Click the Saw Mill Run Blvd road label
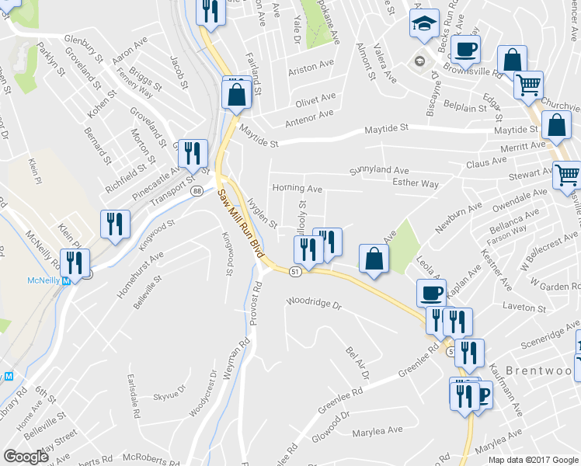(x=241, y=224)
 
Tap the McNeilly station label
(x=43, y=280)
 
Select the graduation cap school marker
(x=424, y=23)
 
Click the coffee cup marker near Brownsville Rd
(x=465, y=50)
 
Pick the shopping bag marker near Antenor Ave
(x=235, y=96)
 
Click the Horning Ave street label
(x=297, y=189)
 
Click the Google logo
(x=26, y=457)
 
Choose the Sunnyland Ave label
(x=378, y=170)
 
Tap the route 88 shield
(x=198, y=191)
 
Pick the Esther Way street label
(x=416, y=184)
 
